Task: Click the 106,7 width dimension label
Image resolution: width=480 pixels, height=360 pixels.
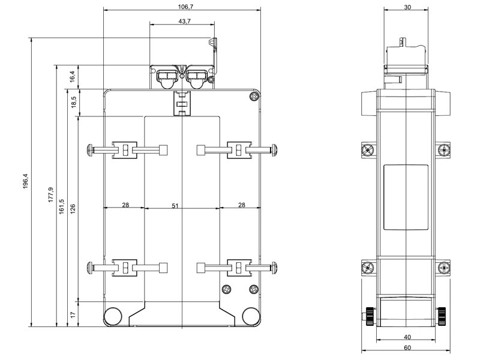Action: tap(186, 7)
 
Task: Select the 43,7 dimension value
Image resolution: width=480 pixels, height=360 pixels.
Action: tap(185, 21)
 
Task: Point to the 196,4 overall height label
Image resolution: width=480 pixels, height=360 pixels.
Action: tap(25, 181)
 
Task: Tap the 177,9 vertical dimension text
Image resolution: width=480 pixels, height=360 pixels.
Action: tap(51, 194)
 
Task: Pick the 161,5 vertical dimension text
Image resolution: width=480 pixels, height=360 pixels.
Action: tap(62, 206)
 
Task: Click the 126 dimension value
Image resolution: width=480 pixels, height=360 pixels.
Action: tap(73, 209)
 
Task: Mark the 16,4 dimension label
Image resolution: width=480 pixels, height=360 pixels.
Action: tap(72, 77)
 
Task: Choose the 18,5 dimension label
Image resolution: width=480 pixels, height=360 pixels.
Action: tap(73, 102)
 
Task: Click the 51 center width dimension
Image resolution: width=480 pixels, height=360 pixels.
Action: tap(175, 206)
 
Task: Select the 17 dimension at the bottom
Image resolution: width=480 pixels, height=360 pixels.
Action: tap(73, 314)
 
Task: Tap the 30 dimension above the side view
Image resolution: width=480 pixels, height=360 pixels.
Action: tap(407, 7)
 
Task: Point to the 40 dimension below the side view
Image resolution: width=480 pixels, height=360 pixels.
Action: tap(407, 337)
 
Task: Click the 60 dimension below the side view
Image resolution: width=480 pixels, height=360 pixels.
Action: tap(407, 348)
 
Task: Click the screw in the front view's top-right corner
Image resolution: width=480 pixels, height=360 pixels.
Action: tap(254, 97)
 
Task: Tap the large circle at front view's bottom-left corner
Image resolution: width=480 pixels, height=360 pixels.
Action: tap(113, 316)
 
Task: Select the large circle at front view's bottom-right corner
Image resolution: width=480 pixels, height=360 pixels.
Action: tap(251, 316)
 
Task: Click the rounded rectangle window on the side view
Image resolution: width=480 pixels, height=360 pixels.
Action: tap(406, 197)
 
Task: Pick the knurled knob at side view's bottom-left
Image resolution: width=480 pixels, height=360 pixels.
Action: tap(370, 317)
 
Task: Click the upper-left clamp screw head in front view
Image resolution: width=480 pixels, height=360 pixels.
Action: tap(91, 150)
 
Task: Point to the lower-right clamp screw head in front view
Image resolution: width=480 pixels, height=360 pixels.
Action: tap(274, 268)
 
